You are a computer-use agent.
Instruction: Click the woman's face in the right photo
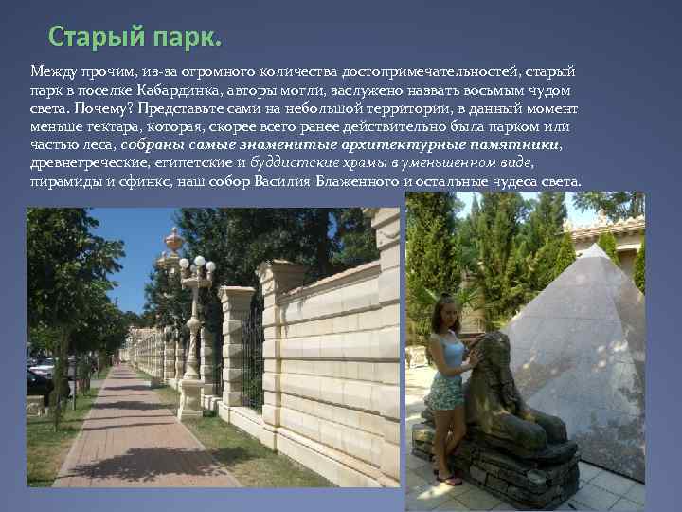pos(448,314)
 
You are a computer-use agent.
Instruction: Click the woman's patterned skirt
pos(444,391)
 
